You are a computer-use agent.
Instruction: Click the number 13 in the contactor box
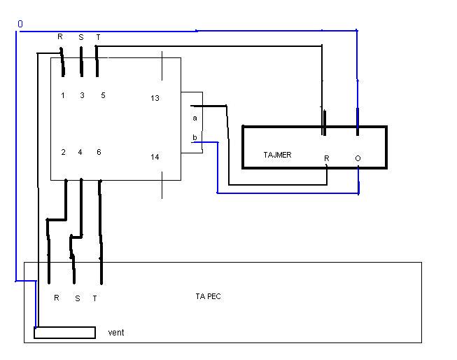(155, 98)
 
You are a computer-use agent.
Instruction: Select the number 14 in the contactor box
(155, 157)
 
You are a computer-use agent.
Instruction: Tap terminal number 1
(62, 95)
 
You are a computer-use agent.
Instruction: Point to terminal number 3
(82, 95)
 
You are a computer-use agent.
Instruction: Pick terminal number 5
(103, 95)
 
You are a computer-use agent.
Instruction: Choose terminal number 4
(80, 151)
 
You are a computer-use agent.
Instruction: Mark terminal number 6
(99, 151)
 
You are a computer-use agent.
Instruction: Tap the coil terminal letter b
(195, 137)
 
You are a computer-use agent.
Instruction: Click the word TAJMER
(278, 155)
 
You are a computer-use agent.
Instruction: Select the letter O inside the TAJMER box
(358, 158)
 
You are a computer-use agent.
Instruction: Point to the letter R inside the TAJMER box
(326, 158)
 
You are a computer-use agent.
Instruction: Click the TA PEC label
(209, 296)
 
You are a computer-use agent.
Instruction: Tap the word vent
(116, 332)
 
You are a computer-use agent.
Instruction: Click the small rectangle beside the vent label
(64, 332)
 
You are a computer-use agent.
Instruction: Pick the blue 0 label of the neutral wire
(20, 24)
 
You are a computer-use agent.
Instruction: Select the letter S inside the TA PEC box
(77, 298)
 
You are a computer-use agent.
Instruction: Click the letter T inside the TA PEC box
(94, 298)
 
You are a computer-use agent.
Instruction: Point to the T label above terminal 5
(98, 36)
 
